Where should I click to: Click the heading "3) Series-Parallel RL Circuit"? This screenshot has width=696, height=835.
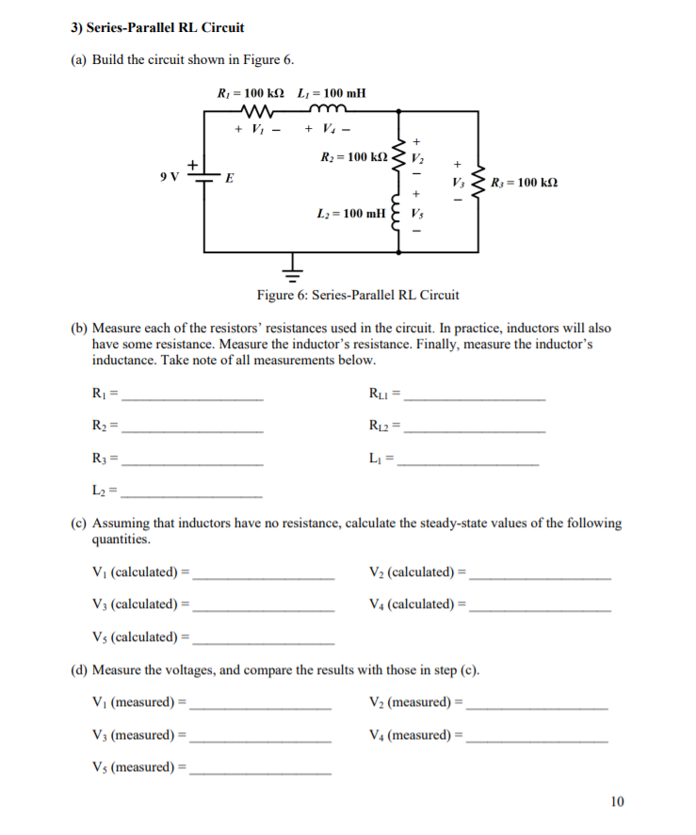tap(157, 27)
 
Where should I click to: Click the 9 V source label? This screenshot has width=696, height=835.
tap(170, 176)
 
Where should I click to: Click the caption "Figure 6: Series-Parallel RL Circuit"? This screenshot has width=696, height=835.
tap(358, 295)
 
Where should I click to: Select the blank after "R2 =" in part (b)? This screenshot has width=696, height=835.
tap(193, 429)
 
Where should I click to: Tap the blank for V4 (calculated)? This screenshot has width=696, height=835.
tap(540, 606)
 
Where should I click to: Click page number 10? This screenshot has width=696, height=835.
tap(617, 802)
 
